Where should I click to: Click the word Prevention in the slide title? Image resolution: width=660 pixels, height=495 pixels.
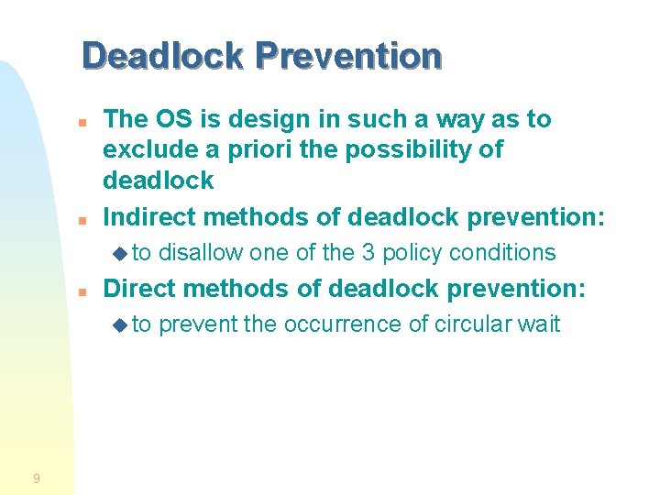point(348,56)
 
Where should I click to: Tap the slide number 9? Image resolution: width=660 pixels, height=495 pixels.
point(36,478)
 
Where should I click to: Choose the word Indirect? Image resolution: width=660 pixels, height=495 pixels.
point(148,217)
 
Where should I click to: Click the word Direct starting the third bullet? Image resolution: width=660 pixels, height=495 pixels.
point(137,289)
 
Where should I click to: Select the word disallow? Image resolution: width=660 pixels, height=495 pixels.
point(201,253)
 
